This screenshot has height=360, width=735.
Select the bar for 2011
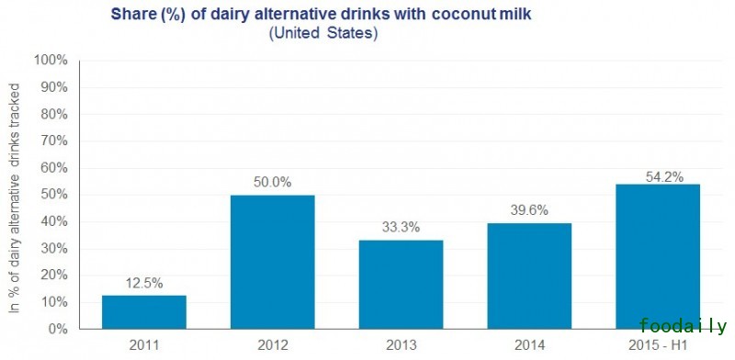(144, 311)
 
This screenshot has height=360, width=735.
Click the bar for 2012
(272, 262)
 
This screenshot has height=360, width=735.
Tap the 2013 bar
(401, 284)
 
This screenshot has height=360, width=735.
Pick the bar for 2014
(528, 276)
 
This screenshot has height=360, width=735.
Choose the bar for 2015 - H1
(657, 256)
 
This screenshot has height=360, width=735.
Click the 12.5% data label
(144, 283)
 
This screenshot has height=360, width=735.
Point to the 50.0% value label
(272, 182)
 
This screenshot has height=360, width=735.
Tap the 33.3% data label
(401, 227)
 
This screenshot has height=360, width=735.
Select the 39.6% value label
(528, 209)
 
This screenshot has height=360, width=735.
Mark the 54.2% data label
(657, 171)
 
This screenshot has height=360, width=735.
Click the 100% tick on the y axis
(51, 61)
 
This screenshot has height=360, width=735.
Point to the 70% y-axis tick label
(53, 141)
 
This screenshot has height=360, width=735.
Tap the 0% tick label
(57, 329)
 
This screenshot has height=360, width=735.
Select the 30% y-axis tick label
(53, 248)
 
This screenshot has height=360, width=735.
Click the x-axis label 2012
(272, 346)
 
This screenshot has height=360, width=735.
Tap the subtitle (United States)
(323, 34)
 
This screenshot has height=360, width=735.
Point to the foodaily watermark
(684, 327)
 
